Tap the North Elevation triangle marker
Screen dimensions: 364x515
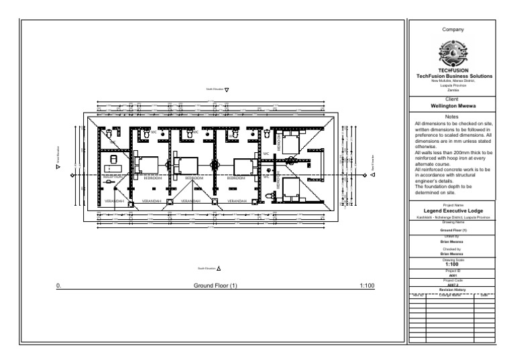click(227, 88)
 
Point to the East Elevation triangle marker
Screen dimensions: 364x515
click(373, 174)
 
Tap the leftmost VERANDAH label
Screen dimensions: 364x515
click(114, 200)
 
